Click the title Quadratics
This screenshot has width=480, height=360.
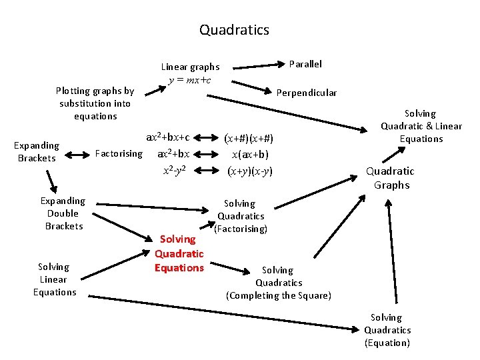234,30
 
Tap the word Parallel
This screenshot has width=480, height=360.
305,64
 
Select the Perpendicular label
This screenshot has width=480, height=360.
307,93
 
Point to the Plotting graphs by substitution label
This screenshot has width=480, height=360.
95,103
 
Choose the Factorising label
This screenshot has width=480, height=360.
119,153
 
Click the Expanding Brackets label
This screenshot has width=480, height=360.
37,151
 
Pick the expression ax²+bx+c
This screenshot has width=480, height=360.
169,138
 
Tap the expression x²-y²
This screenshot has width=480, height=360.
174,170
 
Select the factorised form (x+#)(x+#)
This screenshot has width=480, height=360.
249,139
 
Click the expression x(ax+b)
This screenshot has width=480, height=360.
250,155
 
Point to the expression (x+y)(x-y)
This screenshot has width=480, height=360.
249,171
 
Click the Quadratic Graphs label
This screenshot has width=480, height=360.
391,178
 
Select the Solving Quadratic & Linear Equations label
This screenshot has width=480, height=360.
421,126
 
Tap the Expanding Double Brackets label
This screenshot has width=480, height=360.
63,213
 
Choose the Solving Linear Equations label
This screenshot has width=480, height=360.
54,279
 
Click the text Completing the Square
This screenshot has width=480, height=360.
279,295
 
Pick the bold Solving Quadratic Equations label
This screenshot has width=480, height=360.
179,253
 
